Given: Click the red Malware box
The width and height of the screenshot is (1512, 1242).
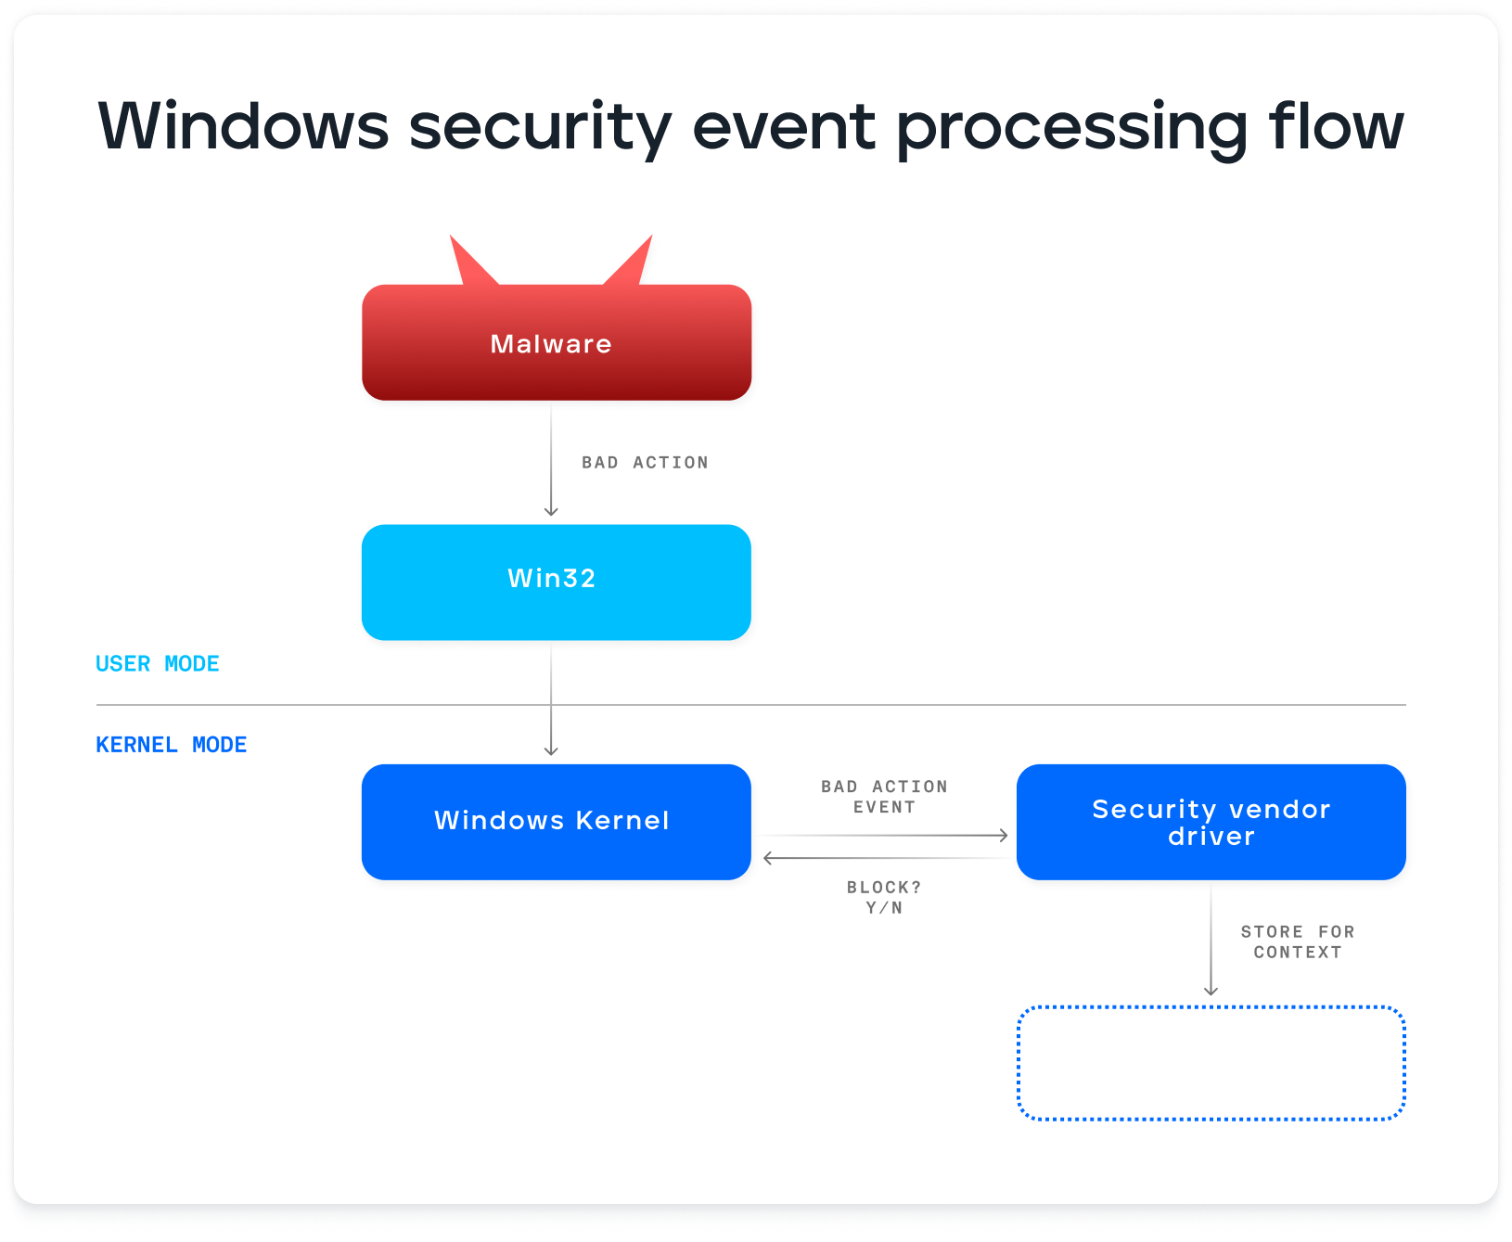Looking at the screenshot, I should (x=556, y=343).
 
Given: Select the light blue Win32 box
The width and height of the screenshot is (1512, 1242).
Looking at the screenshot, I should (x=556, y=583).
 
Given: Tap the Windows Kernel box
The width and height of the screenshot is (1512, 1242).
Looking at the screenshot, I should (x=556, y=822).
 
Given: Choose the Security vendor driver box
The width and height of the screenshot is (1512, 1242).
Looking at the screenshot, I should (x=1211, y=822).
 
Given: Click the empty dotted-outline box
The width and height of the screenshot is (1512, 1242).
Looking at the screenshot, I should (x=1211, y=1063).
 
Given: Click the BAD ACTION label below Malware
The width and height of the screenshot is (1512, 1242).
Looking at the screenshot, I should (x=645, y=463).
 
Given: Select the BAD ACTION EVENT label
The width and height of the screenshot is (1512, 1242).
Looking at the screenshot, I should (x=884, y=797).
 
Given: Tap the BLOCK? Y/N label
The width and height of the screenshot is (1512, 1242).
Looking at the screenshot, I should (x=884, y=897).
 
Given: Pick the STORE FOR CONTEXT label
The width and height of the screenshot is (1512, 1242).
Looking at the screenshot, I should (x=1297, y=941).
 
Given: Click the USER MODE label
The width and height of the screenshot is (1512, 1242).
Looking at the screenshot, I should (x=158, y=664).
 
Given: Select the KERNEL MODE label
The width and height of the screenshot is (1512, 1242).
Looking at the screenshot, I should (x=172, y=745).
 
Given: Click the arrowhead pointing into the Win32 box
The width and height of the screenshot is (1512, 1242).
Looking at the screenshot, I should (x=551, y=511).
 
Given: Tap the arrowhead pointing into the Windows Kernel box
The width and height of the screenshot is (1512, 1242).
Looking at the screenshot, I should (x=551, y=750).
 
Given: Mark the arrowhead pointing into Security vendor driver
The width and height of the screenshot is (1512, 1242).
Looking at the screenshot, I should (x=1003, y=835).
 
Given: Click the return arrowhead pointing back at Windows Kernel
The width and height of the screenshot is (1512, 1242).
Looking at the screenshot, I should (x=769, y=858).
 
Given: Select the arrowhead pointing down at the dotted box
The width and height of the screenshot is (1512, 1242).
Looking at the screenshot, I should (x=1211, y=991).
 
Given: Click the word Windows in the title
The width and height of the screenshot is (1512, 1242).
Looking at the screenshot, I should (x=243, y=126).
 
